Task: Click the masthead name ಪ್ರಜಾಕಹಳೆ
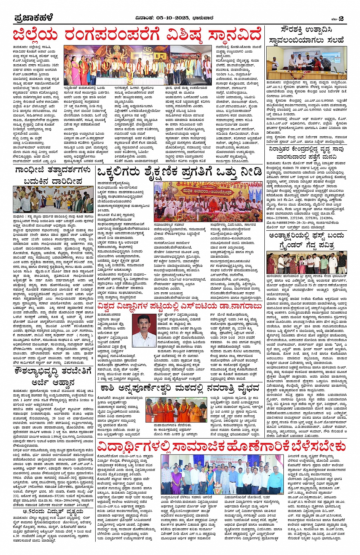click(34, 18)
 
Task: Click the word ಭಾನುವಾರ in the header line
click(213, 18)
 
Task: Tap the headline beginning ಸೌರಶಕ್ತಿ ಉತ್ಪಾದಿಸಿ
click(306, 30)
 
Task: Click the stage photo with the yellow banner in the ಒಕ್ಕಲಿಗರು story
click(208, 201)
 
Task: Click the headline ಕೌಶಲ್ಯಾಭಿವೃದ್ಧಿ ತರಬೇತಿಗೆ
click(53, 370)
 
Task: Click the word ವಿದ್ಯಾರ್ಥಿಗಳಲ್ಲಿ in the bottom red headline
click(133, 446)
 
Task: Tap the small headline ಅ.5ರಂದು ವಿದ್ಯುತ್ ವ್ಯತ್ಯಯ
click(53, 511)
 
